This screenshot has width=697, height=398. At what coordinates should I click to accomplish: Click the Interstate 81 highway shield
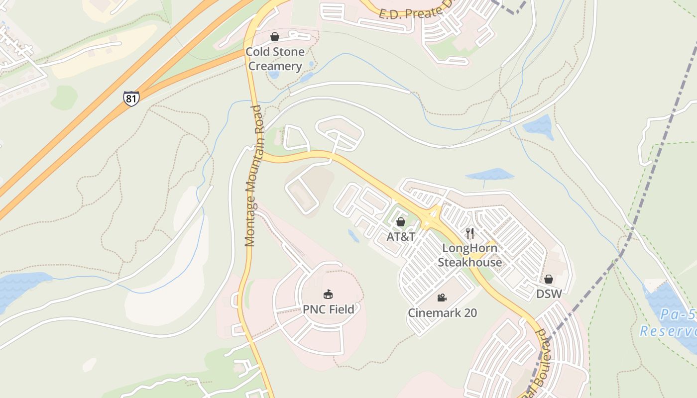(131, 98)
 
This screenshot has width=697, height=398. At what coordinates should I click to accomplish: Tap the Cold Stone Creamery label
(275, 59)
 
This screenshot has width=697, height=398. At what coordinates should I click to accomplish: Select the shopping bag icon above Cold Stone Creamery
(274, 37)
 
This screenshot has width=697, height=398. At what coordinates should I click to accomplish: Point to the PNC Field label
(329, 309)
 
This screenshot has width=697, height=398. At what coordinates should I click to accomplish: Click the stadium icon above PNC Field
(328, 295)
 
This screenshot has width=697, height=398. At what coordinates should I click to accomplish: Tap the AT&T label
(401, 237)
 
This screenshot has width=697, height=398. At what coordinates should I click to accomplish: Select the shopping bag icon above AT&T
(400, 222)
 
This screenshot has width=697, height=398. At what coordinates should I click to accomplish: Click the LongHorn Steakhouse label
(469, 255)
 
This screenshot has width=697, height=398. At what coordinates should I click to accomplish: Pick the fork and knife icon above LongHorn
(469, 233)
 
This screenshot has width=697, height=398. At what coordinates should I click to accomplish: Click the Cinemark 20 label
(442, 313)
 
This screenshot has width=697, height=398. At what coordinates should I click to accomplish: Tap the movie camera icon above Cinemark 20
(442, 298)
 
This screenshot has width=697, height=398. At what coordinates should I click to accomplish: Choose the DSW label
(549, 294)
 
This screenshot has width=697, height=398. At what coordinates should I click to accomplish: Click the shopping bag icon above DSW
(548, 279)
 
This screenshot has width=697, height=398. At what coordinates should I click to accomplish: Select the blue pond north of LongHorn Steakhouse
(489, 175)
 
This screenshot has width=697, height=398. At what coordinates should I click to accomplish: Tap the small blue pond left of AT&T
(353, 236)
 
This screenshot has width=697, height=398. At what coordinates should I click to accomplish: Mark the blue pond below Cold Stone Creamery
(273, 75)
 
